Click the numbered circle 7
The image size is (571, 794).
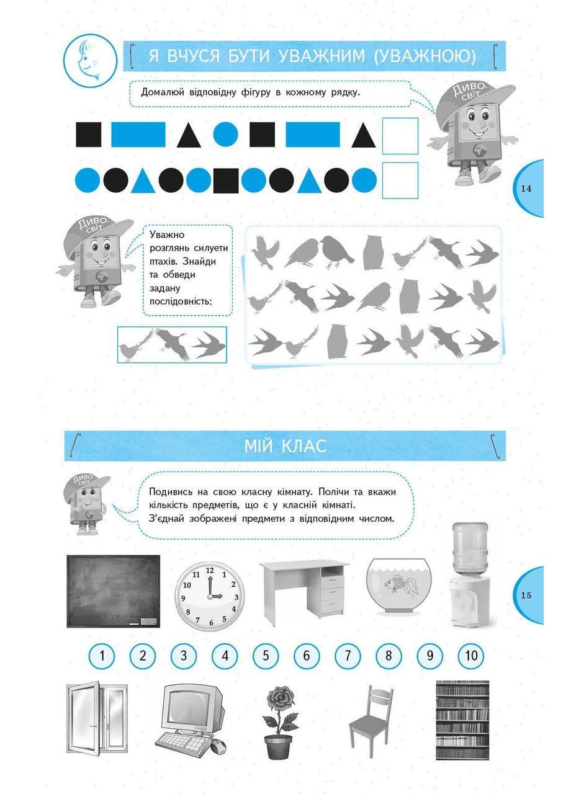(x=348, y=656)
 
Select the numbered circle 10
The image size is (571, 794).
(x=470, y=656)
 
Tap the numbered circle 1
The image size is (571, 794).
(x=102, y=656)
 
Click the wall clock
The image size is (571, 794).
(x=209, y=596)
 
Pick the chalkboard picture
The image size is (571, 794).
(x=113, y=592)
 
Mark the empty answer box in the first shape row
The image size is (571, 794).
(x=400, y=136)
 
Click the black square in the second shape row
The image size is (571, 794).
(x=226, y=181)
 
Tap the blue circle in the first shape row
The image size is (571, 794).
(x=226, y=135)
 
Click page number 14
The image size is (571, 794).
(x=526, y=189)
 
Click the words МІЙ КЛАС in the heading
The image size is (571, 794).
(x=285, y=446)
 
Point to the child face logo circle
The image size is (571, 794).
(x=90, y=60)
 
